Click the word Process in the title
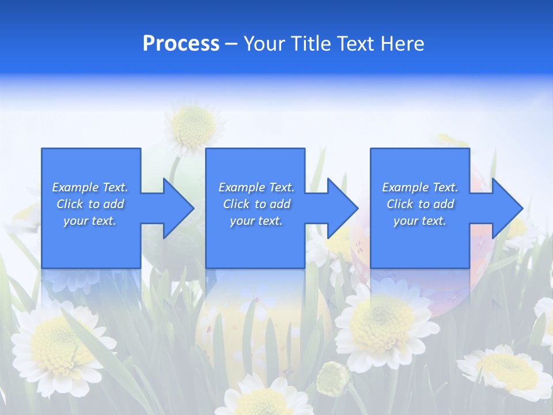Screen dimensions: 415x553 [x=181, y=44]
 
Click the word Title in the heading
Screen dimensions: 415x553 [x=309, y=44]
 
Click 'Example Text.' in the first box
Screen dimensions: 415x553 [x=90, y=187]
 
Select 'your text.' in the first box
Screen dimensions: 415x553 [x=90, y=221]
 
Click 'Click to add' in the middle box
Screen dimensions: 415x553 [x=256, y=204]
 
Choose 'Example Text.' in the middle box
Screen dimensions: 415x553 [x=256, y=187]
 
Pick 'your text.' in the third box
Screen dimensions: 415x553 [x=420, y=221]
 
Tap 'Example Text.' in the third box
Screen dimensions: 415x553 [x=420, y=187]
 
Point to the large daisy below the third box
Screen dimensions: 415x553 [x=383, y=323]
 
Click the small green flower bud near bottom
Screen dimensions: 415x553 [x=333, y=378]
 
